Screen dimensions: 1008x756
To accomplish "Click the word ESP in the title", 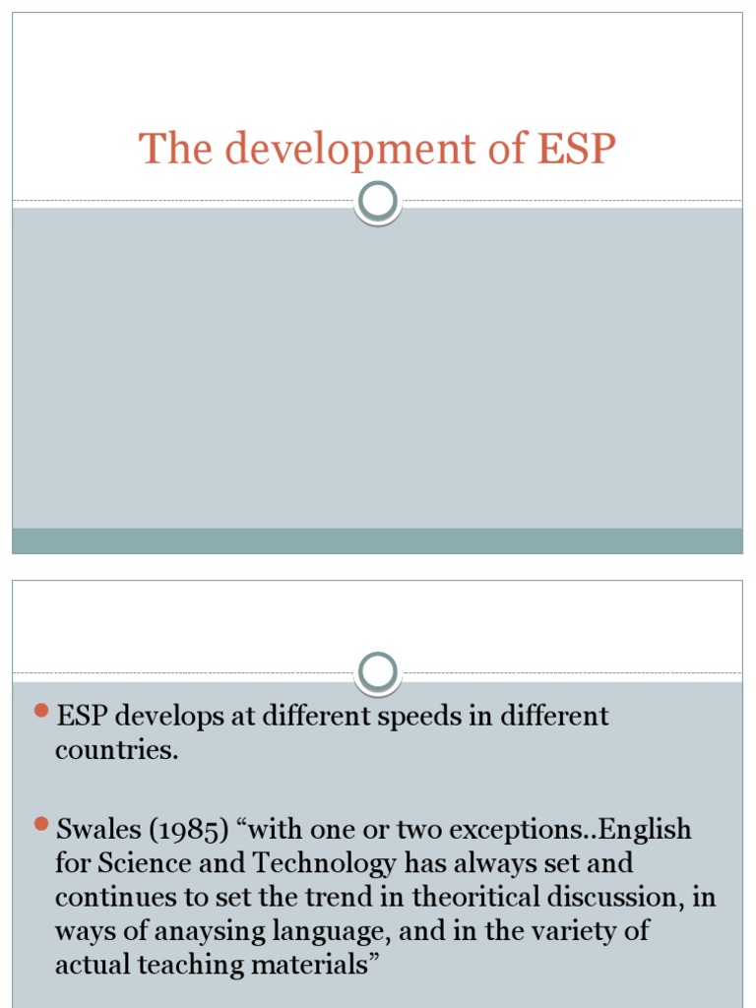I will coord(577,150).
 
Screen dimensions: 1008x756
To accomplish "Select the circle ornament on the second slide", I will coord(378,672).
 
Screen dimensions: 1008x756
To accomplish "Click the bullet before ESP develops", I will coord(41,710).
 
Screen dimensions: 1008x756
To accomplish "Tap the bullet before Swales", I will coord(41,823).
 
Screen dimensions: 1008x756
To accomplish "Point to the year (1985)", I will coord(191,831).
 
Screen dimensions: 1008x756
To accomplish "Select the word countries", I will coord(116,750).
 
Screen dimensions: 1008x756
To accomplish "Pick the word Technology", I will coord(313,864).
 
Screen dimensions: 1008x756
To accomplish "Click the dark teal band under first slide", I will coord(378,540).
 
